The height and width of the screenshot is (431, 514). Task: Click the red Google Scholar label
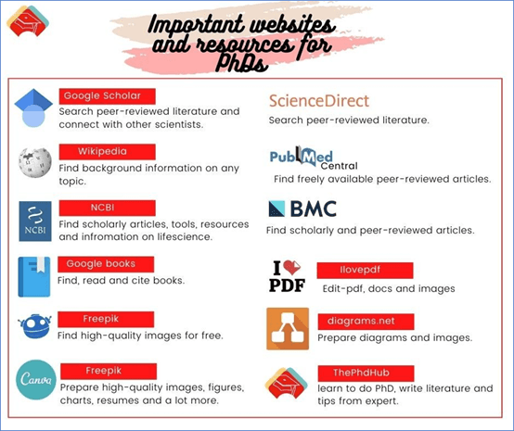click(x=108, y=96)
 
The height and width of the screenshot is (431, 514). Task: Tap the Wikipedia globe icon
click(x=35, y=162)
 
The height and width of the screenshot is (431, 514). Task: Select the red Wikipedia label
click(x=108, y=152)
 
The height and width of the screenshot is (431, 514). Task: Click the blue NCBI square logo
click(x=35, y=222)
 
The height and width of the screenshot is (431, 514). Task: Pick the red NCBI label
click(x=108, y=208)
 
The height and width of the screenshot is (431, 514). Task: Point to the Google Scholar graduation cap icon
click(x=33, y=108)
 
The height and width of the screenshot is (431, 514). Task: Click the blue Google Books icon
click(x=34, y=277)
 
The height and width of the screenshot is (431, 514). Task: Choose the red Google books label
click(x=106, y=264)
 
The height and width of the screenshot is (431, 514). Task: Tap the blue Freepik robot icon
click(x=34, y=326)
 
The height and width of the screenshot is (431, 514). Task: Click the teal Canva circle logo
click(x=36, y=380)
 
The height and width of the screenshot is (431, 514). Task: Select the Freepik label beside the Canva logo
click(x=109, y=371)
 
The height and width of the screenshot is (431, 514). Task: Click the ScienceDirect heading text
click(x=319, y=101)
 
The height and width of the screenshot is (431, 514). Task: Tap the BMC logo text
click(x=314, y=209)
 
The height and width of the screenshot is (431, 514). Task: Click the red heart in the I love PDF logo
click(x=291, y=267)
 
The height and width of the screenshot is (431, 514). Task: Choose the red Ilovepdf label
click(x=366, y=271)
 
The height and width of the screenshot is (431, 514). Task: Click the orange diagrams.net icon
click(x=288, y=328)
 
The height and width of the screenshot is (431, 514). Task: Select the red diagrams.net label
click(x=366, y=322)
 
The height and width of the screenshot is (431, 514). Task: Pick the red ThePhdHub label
click(x=366, y=374)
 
